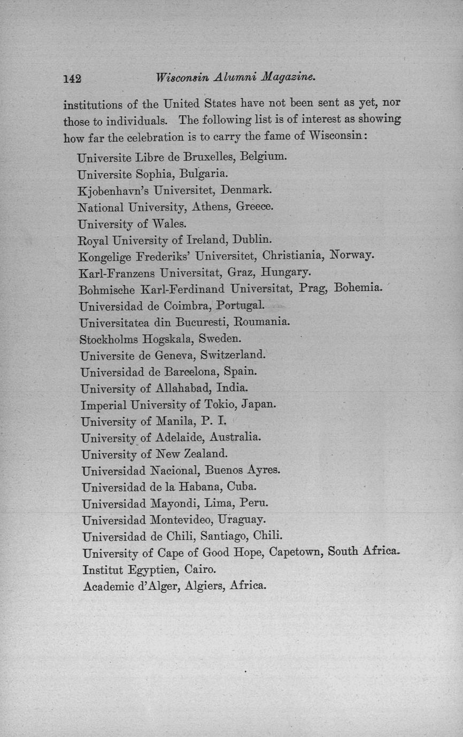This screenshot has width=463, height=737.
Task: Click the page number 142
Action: tap(72, 79)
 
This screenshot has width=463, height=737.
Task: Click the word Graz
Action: tap(240, 272)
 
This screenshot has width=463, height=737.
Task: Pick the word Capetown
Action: tap(295, 552)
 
